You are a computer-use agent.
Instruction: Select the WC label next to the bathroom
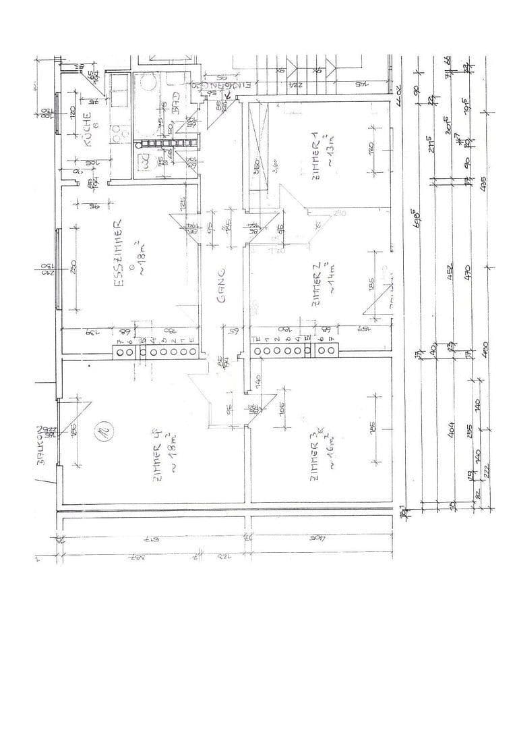pyautogui.click(x=144, y=161)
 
